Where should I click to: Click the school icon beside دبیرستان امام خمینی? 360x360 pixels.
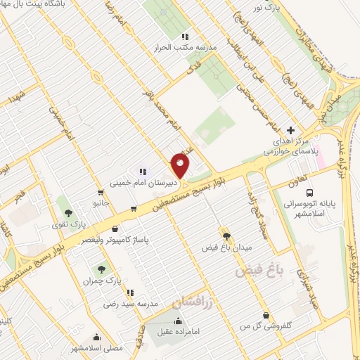(x=143, y=171)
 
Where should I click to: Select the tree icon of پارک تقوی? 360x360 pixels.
(x=68, y=212)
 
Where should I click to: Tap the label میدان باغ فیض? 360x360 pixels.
(x=228, y=247)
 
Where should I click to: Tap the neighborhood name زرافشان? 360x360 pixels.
(x=191, y=302)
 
